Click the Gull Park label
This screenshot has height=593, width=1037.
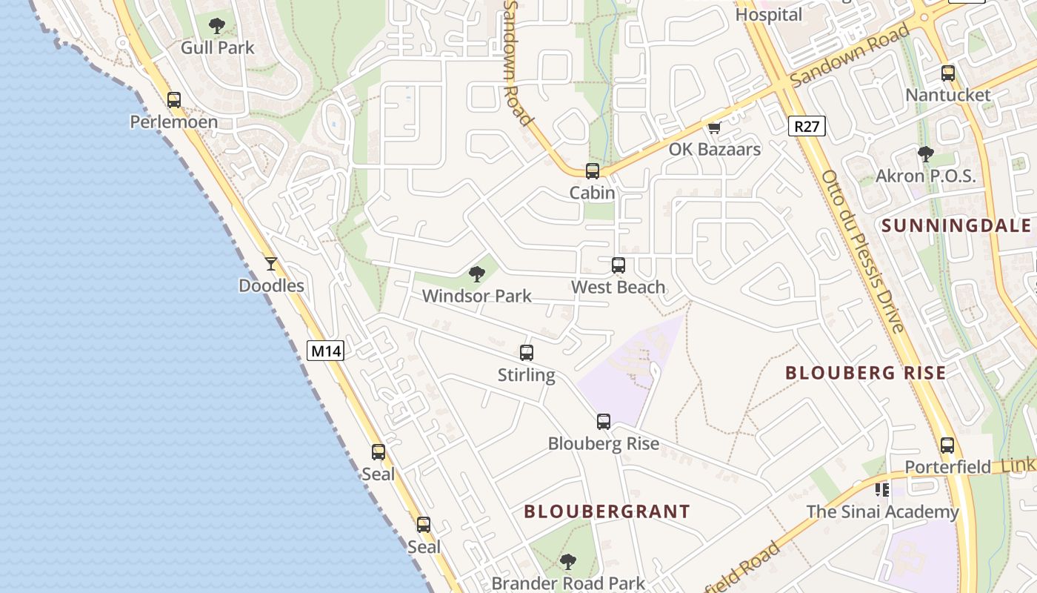tap(217, 47)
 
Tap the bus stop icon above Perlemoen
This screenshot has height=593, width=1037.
tap(174, 99)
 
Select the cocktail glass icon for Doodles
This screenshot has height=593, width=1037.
tap(271, 263)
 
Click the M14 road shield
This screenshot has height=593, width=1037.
tap(325, 351)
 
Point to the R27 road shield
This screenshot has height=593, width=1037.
tap(806, 126)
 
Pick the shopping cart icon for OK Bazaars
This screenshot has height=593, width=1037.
tap(714, 127)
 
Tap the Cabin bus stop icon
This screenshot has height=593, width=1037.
tap(593, 171)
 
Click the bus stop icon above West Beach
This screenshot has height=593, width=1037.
tap(618, 265)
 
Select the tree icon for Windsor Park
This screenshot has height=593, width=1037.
tap(477, 274)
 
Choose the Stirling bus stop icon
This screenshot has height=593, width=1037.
tap(527, 353)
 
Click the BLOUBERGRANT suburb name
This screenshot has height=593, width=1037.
tap(607, 511)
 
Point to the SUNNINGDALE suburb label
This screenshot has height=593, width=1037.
tap(958, 225)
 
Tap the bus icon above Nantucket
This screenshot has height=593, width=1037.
tap(948, 73)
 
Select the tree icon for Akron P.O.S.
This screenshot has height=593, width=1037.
tap(925, 154)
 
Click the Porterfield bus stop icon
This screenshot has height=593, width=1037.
tap(947, 445)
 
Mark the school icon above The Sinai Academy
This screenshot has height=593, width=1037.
tap(882, 490)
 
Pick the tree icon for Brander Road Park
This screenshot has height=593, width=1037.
tap(568, 561)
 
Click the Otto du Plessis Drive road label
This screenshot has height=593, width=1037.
tap(862, 252)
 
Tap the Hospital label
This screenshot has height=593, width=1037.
tap(769, 15)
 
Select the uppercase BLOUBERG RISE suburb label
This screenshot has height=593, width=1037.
tap(865, 373)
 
